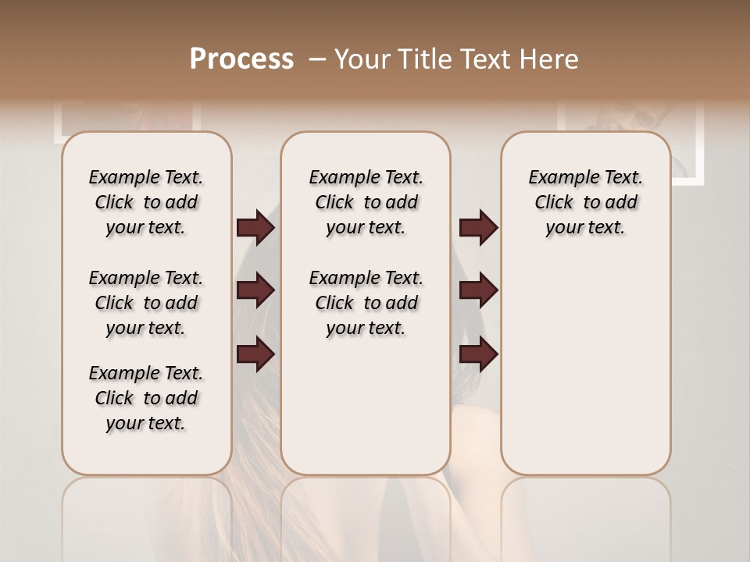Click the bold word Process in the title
coord(241,59)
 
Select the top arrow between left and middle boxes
coord(255,228)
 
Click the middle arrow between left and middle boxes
coord(255,290)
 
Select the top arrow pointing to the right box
coord(478,228)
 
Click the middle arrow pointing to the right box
coord(478,290)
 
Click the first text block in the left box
coord(146,202)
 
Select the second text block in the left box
coord(146,303)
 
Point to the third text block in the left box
coord(146,398)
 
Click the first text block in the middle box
coord(366,202)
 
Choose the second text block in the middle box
coord(366,303)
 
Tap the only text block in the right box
coord(585,202)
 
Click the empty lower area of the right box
coord(585,375)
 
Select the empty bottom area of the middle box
coord(366,414)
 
